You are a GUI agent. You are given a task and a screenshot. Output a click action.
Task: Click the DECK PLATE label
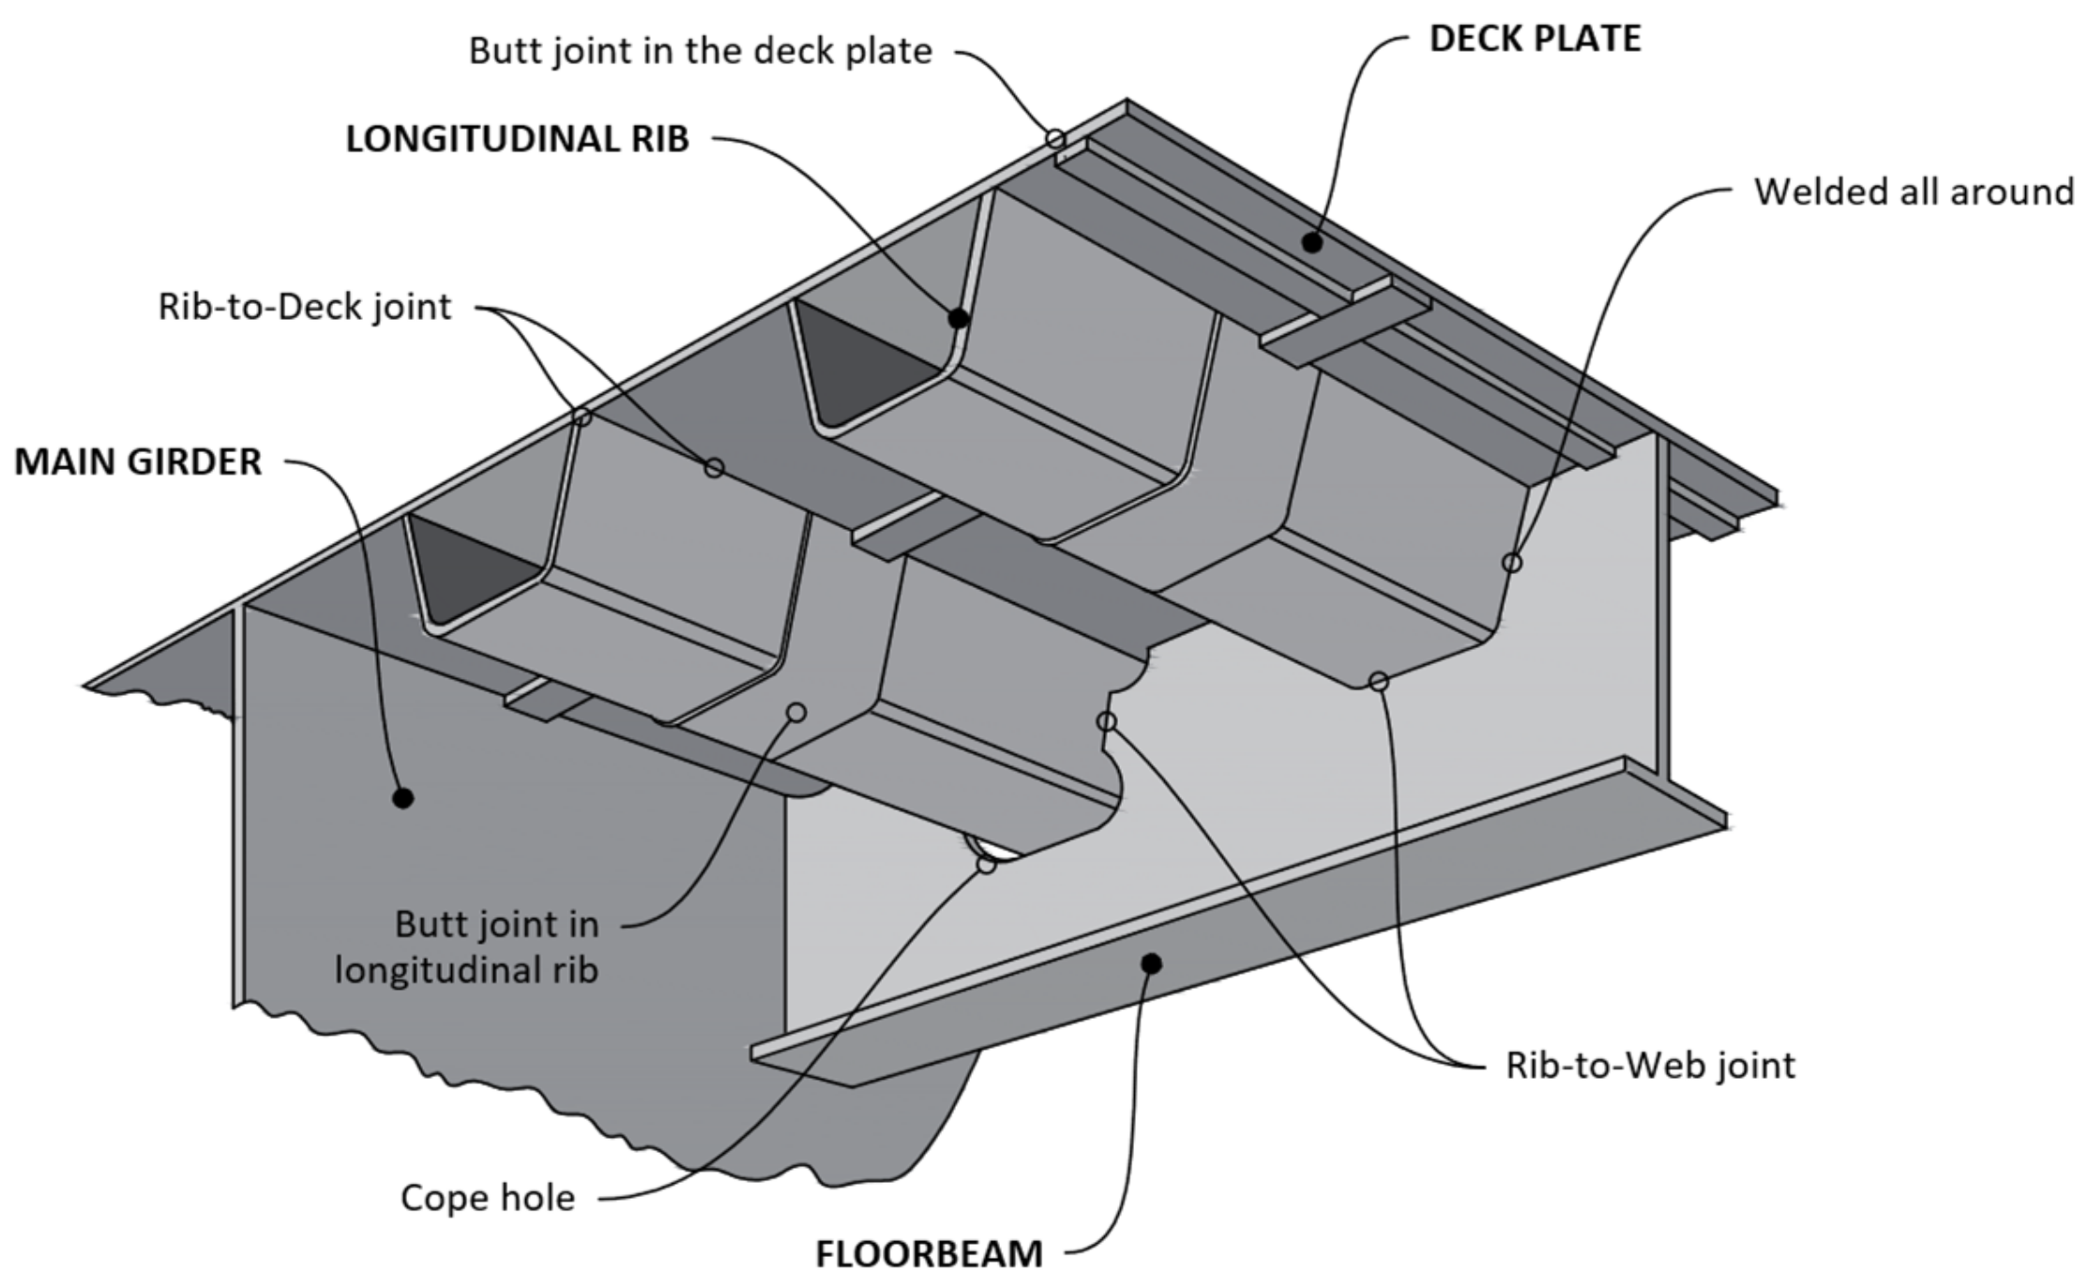pos(1535,38)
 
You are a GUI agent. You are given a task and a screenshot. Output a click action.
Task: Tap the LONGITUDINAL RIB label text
pos(517,139)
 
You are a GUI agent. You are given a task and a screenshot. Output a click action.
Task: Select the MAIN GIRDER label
pos(138,461)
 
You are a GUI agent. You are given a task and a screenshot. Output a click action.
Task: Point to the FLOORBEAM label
pos(928,1253)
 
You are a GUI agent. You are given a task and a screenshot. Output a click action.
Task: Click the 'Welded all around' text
pos(1914,191)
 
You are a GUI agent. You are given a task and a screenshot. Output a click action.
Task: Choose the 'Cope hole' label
pos(487,1198)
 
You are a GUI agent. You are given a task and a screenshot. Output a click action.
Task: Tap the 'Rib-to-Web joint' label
pos(1650,1066)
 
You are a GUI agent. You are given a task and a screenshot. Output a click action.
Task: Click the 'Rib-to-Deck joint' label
pos(304,307)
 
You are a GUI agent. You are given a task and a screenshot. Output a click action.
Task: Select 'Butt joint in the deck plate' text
pos(700,51)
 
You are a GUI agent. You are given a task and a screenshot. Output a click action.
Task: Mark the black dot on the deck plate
pos(1312,243)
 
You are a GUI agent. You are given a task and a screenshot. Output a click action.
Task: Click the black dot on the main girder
pos(403,798)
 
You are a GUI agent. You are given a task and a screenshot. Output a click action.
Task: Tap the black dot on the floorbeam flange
pos(1152,963)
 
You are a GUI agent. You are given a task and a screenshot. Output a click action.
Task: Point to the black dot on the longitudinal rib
pos(958,319)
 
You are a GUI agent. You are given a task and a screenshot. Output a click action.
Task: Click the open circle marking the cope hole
pos(986,864)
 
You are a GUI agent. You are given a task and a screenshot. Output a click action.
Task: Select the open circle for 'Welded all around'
pos(1512,563)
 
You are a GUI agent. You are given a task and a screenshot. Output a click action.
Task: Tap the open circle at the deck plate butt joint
pos(1056,139)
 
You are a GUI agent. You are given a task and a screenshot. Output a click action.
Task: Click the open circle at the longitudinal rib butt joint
pos(796,713)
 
